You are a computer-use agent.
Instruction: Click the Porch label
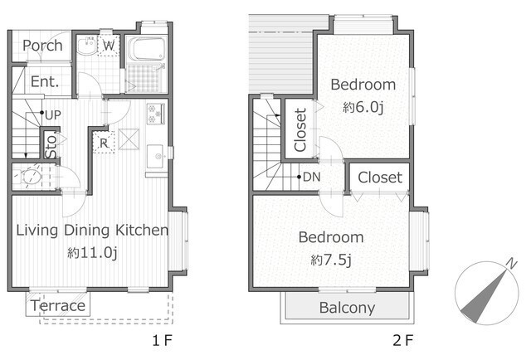coord(42,46)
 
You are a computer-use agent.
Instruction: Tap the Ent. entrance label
coord(45,81)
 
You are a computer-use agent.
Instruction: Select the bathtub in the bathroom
coord(148,48)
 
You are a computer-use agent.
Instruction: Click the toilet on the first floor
coord(31,176)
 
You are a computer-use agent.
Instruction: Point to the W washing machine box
coord(109,45)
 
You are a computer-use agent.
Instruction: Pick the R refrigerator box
coord(104,143)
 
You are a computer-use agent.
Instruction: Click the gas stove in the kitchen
coord(156,114)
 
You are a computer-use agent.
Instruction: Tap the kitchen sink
coord(157,156)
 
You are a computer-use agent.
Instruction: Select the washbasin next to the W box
coord(86,46)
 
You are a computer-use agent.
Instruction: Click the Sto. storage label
coord(51,147)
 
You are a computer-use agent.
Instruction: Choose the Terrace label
coord(58,306)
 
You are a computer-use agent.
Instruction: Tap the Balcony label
coord(347,308)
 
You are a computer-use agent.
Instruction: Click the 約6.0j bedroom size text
coord(363,107)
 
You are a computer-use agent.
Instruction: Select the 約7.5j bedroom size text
coord(331,260)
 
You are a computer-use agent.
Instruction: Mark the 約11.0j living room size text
coord(92,253)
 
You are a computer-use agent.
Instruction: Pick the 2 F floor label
coord(403,340)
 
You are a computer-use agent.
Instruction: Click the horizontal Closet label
coord(380,178)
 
